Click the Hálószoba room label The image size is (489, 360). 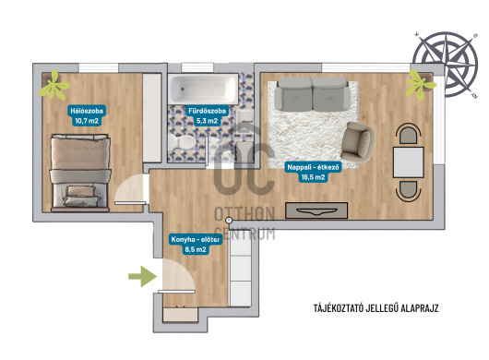pyautogui.click(x=87, y=115)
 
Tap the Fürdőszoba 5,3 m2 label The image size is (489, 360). pyautogui.click(x=207, y=115)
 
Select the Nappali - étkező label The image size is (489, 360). pyautogui.click(x=313, y=173)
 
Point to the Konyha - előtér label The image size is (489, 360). pyautogui.click(x=196, y=245)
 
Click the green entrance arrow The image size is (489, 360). pyautogui.click(x=142, y=276)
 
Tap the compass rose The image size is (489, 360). pyautogui.click(x=446, y=64)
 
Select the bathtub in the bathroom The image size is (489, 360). pyautogui.click(x=203, y=89)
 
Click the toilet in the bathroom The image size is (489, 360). pyautogui.click(x=182, y=142)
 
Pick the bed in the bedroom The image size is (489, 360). pyautogui.click(x=80, y=173)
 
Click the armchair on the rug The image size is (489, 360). pyautogui.click(x=357, y=142)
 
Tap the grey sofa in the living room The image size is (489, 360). pyautogui.click(x=313, y=94)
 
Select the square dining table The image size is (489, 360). pyautogui.click(x=408, y=162)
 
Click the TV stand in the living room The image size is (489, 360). pyautogui.click(x=316, y=210)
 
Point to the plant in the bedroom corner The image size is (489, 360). pyautogui.click(x=54, y=85)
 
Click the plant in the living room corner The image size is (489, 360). pyautogui.click(x=420, y=84)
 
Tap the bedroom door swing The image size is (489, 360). pyautogui.click(x=129, y=189)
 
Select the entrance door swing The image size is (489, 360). pyautogui.click(x=178, y=276)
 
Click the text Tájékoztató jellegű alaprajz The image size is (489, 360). pyautogui.click(x=376, y=308)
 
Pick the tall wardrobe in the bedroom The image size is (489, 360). pyautogui.click(x=152, y=117)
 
